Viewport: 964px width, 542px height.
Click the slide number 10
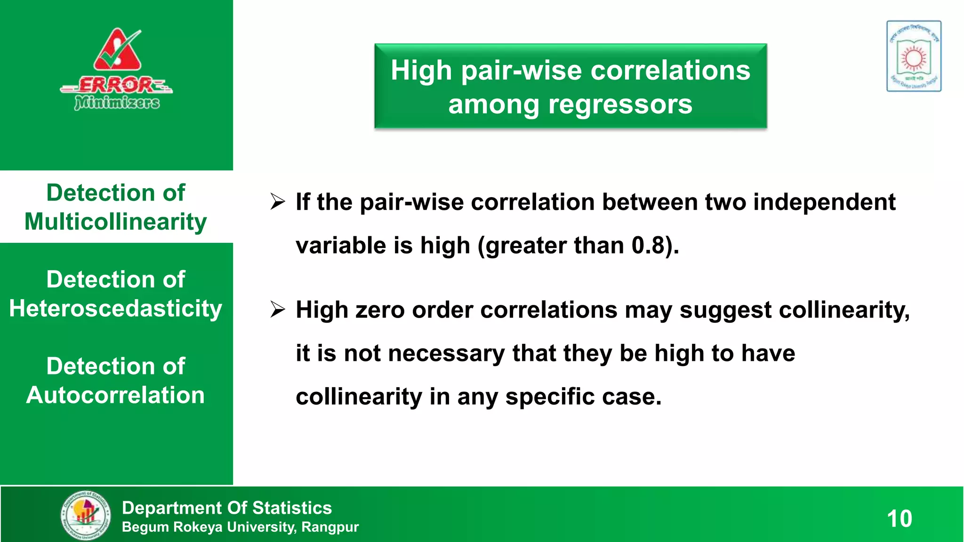(x=899, y=519)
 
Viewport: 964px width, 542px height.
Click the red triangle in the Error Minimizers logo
(x=117, y=51)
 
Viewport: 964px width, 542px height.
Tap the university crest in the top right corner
(x=914, y=56)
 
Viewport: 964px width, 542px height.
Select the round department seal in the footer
(x=86, y=515)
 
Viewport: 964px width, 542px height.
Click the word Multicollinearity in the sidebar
(x=116, y=222)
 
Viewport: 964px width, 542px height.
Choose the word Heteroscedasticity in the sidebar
(x=116, y=309)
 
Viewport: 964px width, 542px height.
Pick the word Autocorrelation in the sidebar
(x=116, y=395)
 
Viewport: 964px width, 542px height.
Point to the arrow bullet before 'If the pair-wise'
(x=278, y=202)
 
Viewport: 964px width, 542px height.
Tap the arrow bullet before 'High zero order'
(x=278, y=310)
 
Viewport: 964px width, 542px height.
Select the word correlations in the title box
(x=670, y=71)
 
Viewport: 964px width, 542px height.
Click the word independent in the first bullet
(x=824, y=202)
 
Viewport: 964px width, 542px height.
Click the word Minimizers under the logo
(x=117, y=102)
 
